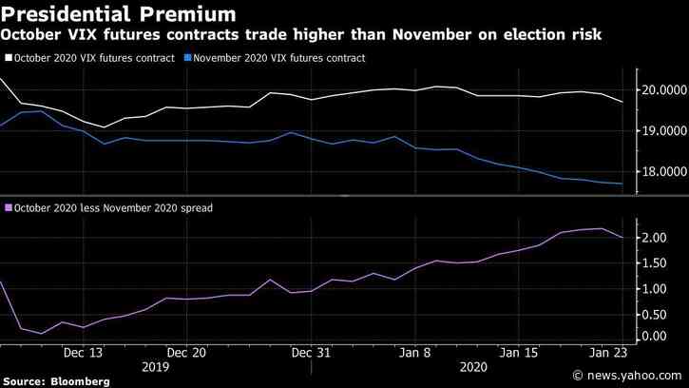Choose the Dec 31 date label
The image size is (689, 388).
pyautogui.click(x=311, y=351)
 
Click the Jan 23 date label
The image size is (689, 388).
pyautogui.click(x=609, y=351)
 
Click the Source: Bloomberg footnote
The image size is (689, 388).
pyautogui.click(x=55, y=380)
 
